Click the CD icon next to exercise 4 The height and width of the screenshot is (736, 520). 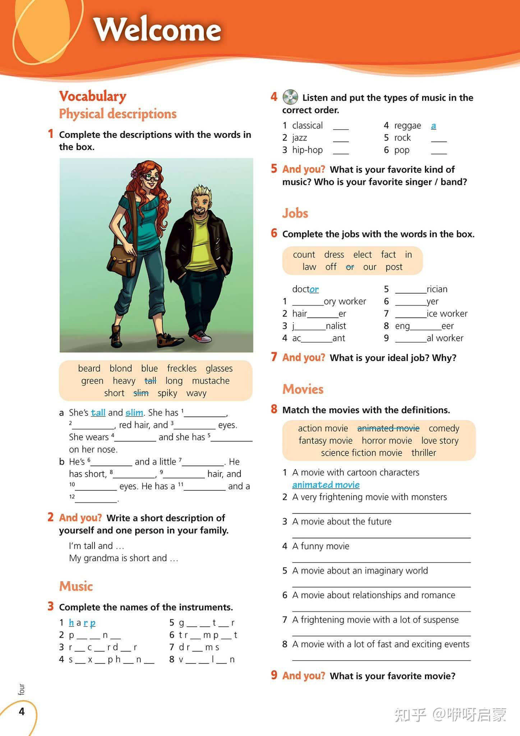tap(290, 97)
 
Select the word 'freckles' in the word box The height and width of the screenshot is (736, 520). tap(182, 369)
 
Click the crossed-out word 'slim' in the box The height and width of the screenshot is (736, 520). tap(141, 393)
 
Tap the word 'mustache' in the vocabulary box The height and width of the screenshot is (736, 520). tap(211, 381)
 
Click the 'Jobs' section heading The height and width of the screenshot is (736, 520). tap(295, 213)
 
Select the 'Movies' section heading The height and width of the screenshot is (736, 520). tap(303, 389)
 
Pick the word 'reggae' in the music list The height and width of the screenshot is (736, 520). tap(408, 125)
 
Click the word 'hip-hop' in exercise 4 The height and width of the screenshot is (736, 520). tap(307, 150)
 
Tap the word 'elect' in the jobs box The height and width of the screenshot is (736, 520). tap(362, 255)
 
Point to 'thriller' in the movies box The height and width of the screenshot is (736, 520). tap(424, 453)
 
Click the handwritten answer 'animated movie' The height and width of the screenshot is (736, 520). tap(326, 485)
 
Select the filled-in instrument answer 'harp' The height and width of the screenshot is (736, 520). tap(82, 623)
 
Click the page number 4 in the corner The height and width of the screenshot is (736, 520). tap(22, 712)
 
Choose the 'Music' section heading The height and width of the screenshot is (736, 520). tap(76, 586)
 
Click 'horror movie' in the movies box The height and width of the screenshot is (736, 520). tap(387, 440)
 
